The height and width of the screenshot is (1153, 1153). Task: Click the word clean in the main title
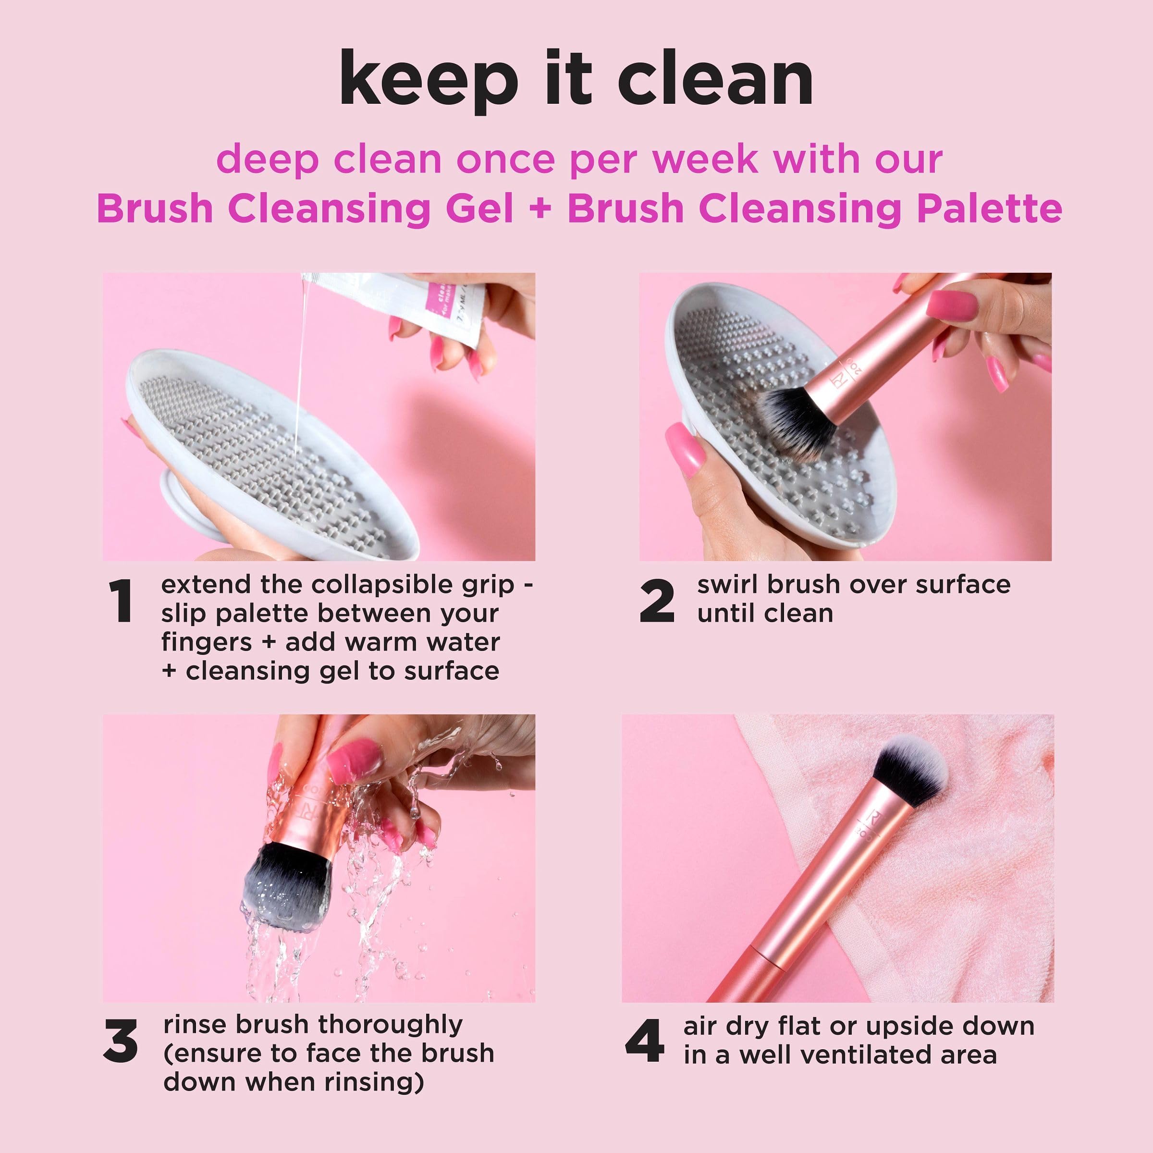(x=715, y=79)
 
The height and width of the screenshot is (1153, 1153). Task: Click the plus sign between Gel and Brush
(x=540, y=209)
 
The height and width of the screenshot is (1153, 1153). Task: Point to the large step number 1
(x=121, y=601)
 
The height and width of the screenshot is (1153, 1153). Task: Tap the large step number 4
(x=645, y=1042)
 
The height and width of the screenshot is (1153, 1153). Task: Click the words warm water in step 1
(x=392, y=642)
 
